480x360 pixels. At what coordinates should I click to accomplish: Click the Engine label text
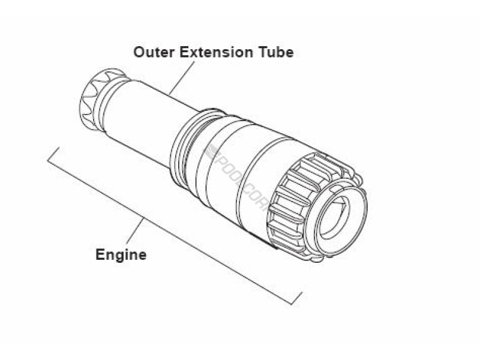121,254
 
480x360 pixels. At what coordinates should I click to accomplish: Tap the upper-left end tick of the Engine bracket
53,154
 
